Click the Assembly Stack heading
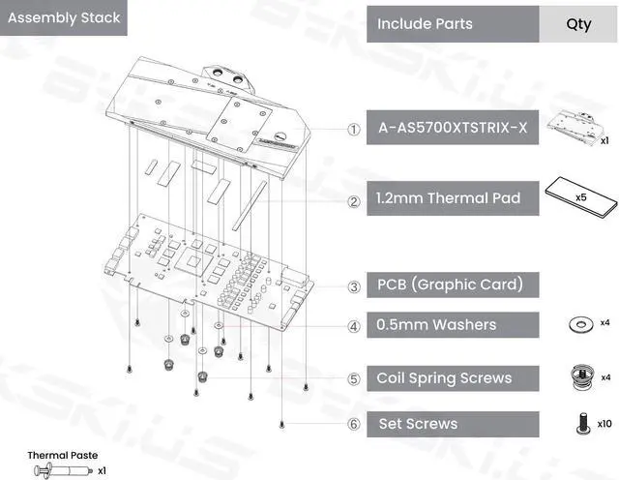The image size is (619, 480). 64,17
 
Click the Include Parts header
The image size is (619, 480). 425,23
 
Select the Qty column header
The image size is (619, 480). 578,23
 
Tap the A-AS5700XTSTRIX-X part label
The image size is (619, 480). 452,129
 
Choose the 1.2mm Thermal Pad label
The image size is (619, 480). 448,198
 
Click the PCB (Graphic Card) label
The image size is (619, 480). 450,285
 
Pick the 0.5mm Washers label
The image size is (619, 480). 436,326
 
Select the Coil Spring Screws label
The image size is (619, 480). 444,378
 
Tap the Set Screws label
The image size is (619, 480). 418,424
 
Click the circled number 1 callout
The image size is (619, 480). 354,129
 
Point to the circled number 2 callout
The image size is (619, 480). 354,201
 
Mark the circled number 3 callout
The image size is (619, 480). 354,286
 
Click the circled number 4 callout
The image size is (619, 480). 354,327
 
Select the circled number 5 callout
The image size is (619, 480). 354,379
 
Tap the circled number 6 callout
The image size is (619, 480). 354,424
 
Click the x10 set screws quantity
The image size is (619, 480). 604,423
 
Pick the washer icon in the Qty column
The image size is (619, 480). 580,322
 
